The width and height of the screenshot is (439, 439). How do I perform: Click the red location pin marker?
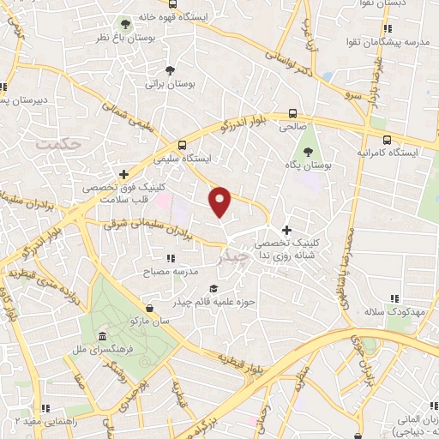[x=221, y=201]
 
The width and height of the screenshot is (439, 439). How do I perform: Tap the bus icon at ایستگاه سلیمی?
[x=181, y=145]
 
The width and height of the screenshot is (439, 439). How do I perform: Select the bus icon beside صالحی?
[x=293, y=112]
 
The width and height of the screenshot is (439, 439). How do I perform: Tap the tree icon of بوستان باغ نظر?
[x=126, y=23]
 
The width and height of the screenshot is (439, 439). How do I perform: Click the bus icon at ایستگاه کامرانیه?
[x=388, y=140]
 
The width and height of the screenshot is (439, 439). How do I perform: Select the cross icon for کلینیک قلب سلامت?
[x=125, y=174]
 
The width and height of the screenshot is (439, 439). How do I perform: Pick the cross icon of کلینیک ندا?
[x=286, y=230]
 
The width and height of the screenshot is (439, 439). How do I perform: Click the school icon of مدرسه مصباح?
[x=171, y=257]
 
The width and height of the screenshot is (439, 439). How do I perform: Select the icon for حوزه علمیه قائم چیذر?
[x=213, y=288]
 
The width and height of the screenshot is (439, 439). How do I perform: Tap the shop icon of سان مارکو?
[x=150, y=307]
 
